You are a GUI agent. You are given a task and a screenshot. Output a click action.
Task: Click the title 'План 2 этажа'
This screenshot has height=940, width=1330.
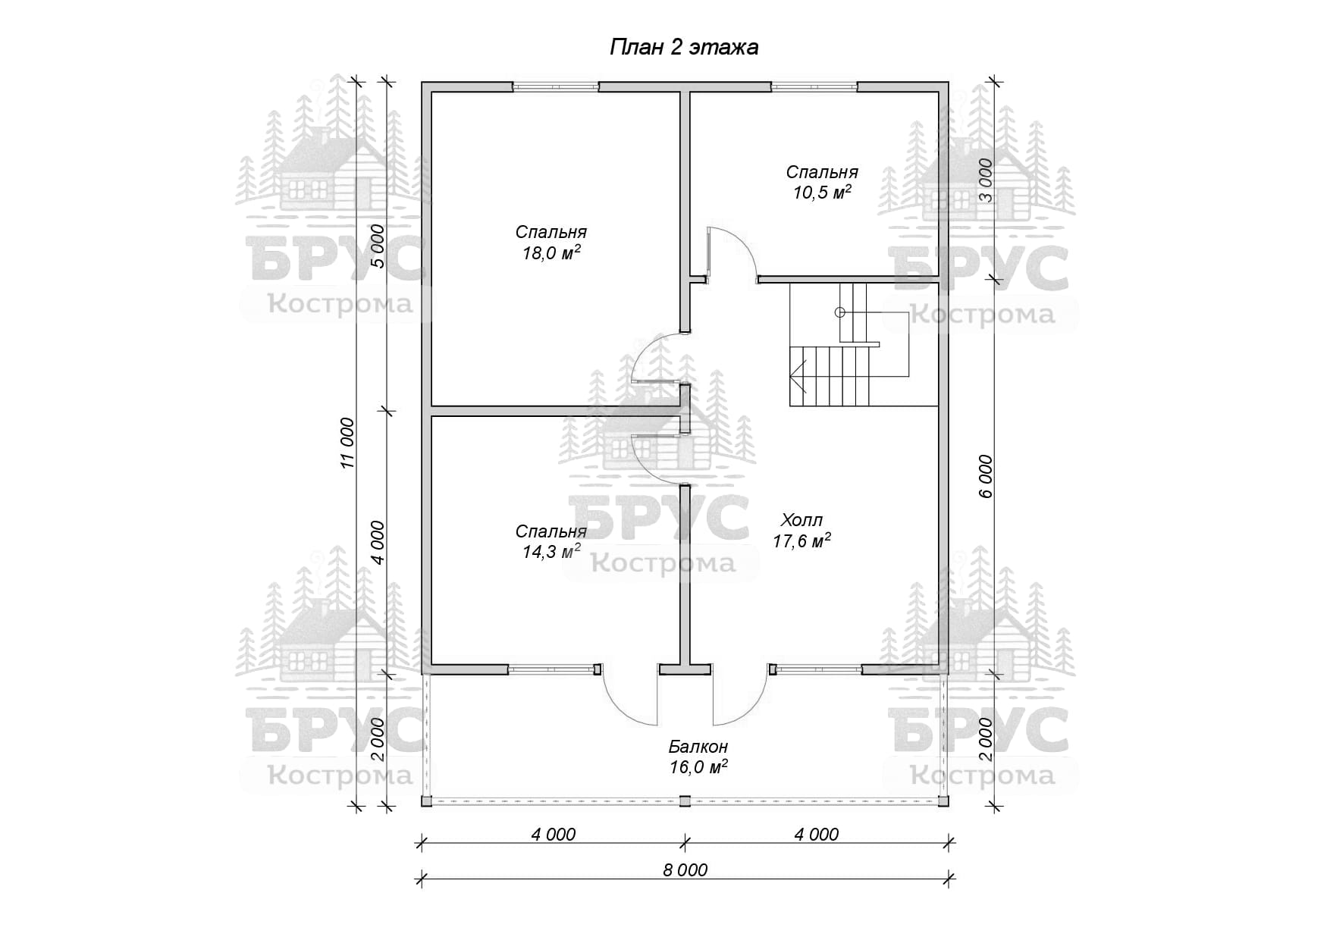684,48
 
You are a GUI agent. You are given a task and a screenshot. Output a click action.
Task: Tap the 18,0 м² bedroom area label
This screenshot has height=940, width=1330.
551,253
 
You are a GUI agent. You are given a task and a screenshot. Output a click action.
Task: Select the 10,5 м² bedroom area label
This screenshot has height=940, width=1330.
822,193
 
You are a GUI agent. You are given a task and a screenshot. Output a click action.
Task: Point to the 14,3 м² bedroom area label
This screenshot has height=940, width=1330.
551,552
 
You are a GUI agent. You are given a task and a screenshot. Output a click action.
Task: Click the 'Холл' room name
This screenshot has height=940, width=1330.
801,520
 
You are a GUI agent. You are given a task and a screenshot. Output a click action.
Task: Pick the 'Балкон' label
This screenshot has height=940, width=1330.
698,747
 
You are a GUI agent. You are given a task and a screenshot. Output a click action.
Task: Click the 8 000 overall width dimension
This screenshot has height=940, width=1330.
685,869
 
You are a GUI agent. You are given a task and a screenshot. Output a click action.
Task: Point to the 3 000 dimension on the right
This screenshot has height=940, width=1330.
985,180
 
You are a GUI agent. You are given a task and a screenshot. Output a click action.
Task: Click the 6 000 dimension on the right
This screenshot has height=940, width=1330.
985,476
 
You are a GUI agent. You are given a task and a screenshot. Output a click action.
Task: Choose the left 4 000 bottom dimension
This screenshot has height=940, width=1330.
554,835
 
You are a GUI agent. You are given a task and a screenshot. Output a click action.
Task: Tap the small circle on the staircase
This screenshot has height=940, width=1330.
839,312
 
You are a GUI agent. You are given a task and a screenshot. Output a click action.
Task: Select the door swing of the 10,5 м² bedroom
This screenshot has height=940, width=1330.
733,254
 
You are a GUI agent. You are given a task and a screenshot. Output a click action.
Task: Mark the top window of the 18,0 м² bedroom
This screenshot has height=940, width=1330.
556,86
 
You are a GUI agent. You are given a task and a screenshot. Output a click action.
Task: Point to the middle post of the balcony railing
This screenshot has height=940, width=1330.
685,801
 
